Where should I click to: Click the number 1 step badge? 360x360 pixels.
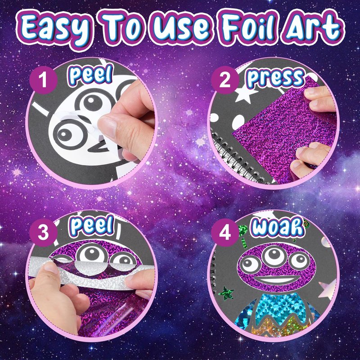click(43, 80)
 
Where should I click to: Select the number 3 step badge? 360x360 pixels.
click(43, 233)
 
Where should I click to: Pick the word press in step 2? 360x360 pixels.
click(275, 77)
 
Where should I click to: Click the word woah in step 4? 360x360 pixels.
click(278, 227)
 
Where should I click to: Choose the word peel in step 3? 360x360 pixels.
click(92, 226)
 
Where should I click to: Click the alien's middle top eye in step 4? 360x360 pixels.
click(274, 255)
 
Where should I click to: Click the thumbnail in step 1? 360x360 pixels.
click(108, 126)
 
